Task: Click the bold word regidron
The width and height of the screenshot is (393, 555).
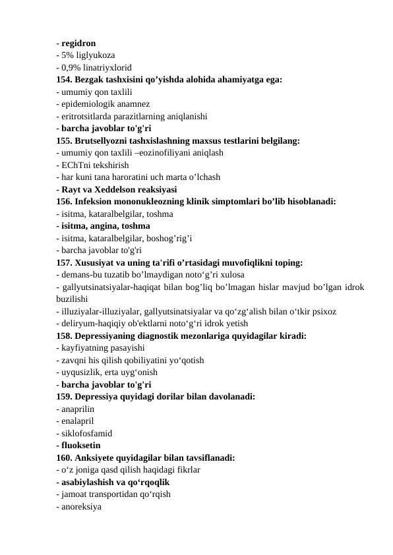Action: pyautogui.click(x=78, y=44)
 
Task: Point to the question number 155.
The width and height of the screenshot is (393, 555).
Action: pyautogui.click(x=65, y=140)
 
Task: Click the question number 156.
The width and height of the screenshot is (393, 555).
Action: pyautogui.click(x=65, y=201)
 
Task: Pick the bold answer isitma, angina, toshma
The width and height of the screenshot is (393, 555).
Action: pyautogui.click(x=106, y=225)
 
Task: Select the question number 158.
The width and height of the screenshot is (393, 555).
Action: pyautogui.click(x=65, y=336)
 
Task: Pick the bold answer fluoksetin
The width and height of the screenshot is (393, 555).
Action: pyautogui.click(x=81, y=446)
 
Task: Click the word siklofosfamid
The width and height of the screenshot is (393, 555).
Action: pyautogui.click(x=86, y=433)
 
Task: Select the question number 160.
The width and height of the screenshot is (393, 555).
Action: pyautogui.click(x=65, y=457)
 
